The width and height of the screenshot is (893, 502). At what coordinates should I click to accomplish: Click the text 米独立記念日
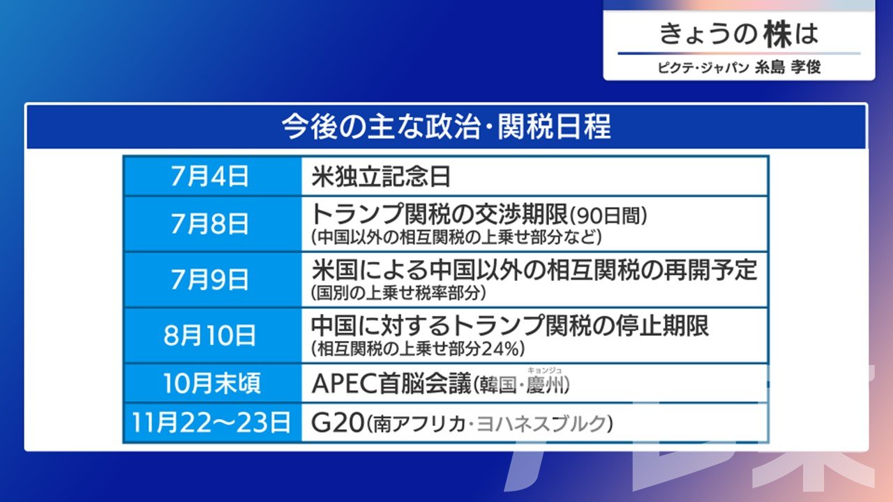coord(381,176)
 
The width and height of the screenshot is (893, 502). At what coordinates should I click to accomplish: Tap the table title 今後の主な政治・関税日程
coord(446,127)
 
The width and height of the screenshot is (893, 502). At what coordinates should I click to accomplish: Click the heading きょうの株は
coord(739,34)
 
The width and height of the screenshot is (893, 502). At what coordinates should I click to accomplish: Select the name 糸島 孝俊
coord(788,67)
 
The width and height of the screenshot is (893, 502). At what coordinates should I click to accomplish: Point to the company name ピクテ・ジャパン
coord(703,68)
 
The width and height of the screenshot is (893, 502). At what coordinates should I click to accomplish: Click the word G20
coord(338,423)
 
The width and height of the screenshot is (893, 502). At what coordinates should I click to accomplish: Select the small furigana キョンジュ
coord(544,370)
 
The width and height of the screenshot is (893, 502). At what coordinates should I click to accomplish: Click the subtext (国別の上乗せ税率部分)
coord(398,294)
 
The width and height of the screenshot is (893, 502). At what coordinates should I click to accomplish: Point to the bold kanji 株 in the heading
coord(777,34)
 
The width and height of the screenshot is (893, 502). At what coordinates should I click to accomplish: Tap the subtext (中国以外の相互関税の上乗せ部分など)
coord(456,238)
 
